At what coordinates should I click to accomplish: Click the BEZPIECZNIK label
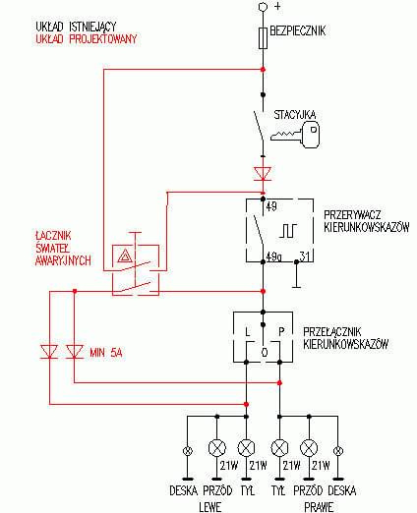coord(298,30)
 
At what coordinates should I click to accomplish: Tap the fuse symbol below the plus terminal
coord(263,38)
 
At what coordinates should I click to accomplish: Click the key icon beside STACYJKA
coord(295,135)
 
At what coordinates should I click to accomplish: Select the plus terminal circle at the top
coord(263,7)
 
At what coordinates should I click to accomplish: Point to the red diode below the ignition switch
coord(263,173)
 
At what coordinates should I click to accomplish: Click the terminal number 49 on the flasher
coord(271,206)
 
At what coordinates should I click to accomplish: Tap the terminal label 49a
coord(273,256)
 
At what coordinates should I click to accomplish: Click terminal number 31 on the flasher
coord(305,256)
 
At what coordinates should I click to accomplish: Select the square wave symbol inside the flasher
coord(288,231)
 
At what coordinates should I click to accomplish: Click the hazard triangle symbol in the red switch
coord(125,256)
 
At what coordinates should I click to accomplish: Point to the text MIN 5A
coord(106,353)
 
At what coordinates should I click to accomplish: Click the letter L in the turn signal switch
coord(248,331)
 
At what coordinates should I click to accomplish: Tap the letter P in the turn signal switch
coord(281,331)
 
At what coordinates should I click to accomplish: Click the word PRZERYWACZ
coord(352,215)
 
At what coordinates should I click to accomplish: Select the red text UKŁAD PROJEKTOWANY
coord(87,39)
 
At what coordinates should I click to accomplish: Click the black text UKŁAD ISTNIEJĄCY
coord(76,27)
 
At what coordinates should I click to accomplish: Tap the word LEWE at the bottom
coord(210,507)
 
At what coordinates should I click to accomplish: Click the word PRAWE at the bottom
coord(319,507)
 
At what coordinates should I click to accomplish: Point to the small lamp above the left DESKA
coord(188,451)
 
